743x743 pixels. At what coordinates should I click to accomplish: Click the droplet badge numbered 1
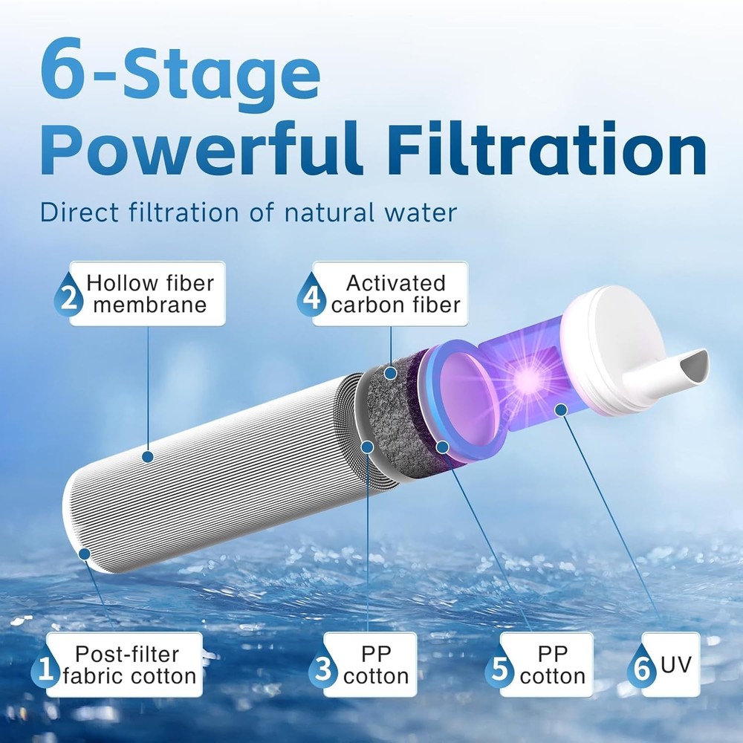pos(46,673)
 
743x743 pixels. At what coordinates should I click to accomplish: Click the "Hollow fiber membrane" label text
pos(149,294)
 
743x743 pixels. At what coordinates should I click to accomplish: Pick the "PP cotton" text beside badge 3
pos(376,665)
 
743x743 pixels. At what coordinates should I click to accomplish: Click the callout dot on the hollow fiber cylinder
pos(147,458)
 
